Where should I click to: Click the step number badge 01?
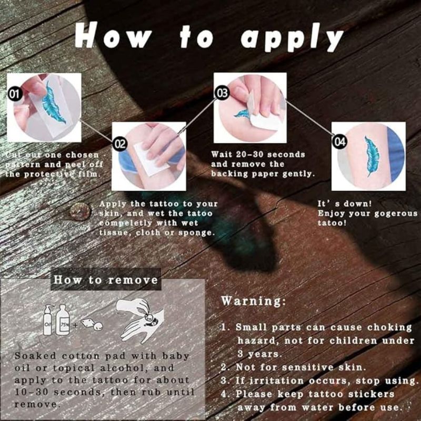point(15,95)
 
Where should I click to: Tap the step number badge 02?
point(120,144)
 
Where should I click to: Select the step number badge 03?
point(222,94)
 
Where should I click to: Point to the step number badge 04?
point(339,141)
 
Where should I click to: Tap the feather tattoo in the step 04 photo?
point(372,156)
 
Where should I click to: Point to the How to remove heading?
point(106,279)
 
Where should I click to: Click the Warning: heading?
point(254,301)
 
